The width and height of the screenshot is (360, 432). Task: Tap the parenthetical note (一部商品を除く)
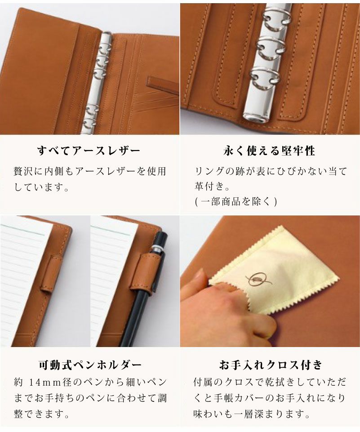click(x=236, y=201)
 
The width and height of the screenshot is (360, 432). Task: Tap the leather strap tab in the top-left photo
click(x=162, y=85)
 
